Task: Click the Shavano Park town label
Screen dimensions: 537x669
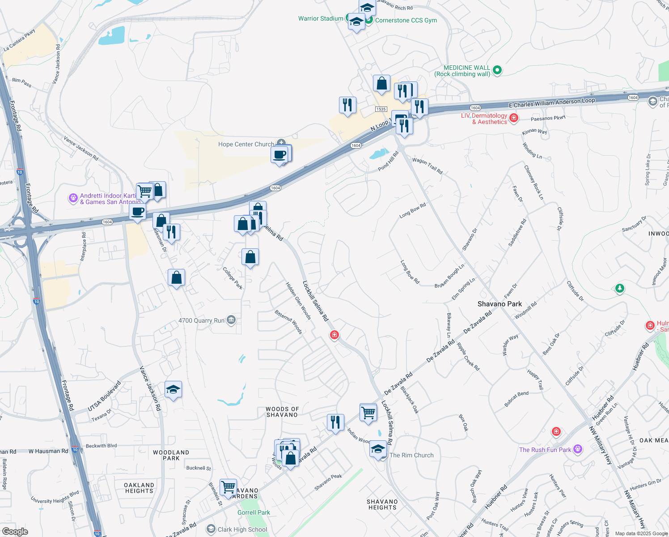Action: tap(500, 304)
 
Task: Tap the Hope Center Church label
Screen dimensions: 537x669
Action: tap(246, 144)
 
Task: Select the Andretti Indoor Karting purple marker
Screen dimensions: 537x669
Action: tap(73, 198)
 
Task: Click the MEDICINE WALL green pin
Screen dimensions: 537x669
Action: tap(497, 70)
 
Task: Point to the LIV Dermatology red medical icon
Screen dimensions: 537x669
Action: tap(514, 118)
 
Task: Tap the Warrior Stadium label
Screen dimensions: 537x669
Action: tap(321, 18)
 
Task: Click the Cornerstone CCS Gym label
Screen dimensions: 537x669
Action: tap(406, 20)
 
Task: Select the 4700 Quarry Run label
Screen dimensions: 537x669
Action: tap(201, 320)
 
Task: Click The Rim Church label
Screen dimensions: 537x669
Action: tap(411, 455)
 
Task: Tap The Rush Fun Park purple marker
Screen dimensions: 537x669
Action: tap(578, 449)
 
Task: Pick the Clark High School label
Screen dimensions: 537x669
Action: tap(242, 529)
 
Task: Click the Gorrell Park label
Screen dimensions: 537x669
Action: tap(254, 512)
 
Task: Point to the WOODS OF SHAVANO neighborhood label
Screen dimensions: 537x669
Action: tap(282, 412)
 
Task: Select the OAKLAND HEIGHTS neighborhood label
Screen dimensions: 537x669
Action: tap(139, 488)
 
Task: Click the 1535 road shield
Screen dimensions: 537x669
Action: tap(381, 109)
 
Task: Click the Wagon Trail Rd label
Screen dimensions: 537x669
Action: tap(427, 166)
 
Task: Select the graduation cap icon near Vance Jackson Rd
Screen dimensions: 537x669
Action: tap(173, 389)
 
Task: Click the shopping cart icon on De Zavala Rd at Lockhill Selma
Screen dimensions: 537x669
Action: tap(368, 412)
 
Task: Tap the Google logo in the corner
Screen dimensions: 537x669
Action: tap(15, 531)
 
